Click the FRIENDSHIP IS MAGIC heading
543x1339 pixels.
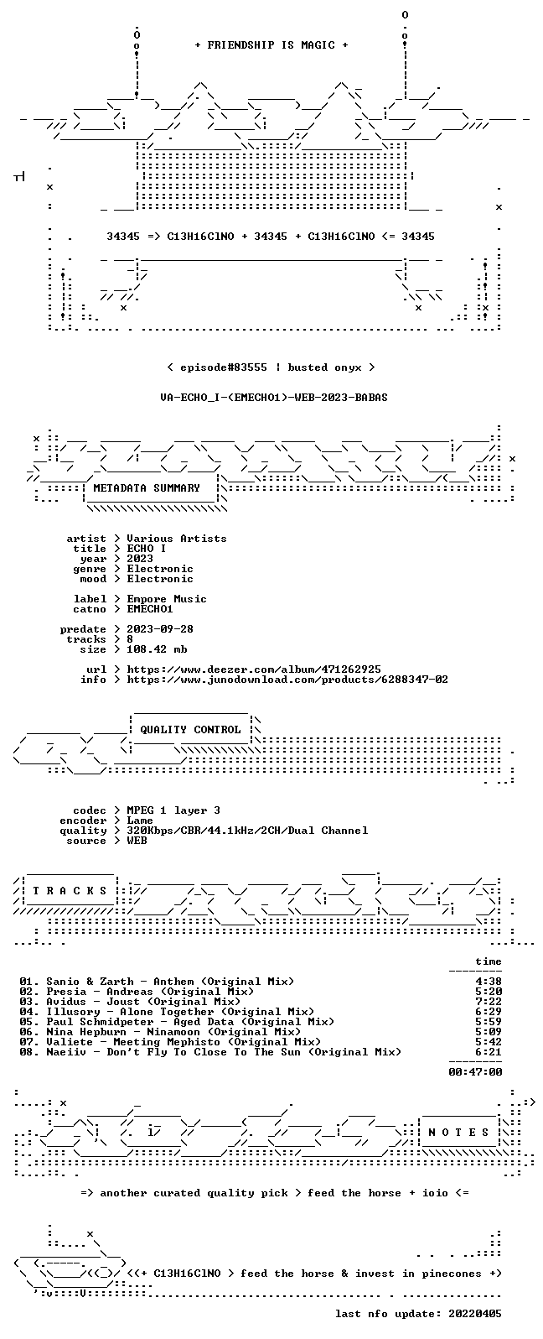[271, 44]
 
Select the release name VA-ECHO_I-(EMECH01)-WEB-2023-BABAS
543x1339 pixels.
[273, 397]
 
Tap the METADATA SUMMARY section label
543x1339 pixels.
[147, 487]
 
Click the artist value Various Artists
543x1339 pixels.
[177, 538]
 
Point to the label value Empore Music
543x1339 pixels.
[167, 598]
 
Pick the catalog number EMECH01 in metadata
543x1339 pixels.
[150, 608]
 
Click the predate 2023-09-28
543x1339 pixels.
[160, 629]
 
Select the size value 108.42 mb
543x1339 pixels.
[157, 649]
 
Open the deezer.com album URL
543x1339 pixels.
[254, 669]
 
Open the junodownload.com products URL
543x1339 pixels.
[287, 679]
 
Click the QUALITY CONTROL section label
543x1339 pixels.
[190, 729]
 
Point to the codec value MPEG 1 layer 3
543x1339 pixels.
[173, 810]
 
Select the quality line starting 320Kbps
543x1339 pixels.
[247, 831]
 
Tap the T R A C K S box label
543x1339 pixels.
[70, 891]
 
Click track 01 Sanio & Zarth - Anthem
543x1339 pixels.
[157, 982]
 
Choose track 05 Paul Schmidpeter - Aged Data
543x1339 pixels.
[177, 1022]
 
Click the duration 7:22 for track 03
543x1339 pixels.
[489, 1001]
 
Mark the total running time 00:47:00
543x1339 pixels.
[475, 1072]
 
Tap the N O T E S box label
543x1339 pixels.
[458, 1132]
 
